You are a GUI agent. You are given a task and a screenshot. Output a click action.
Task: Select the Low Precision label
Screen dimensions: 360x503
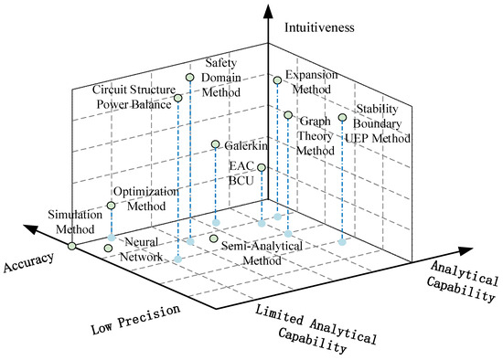tap(134, 317)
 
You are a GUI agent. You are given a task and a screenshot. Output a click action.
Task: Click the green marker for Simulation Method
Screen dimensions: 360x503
tap(73, 245)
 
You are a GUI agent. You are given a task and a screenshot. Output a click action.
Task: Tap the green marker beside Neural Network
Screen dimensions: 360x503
tap(109, 248)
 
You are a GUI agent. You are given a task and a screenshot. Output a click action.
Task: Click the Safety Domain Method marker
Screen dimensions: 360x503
tap(190, 78)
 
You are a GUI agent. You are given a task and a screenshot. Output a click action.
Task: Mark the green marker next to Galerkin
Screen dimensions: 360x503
tap(215, 145)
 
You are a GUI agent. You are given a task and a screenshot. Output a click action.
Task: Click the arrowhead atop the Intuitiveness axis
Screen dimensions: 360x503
tap(266, 17)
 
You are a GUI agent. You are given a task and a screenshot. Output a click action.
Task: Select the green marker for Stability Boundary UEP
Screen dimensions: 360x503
tap(343, 117)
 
